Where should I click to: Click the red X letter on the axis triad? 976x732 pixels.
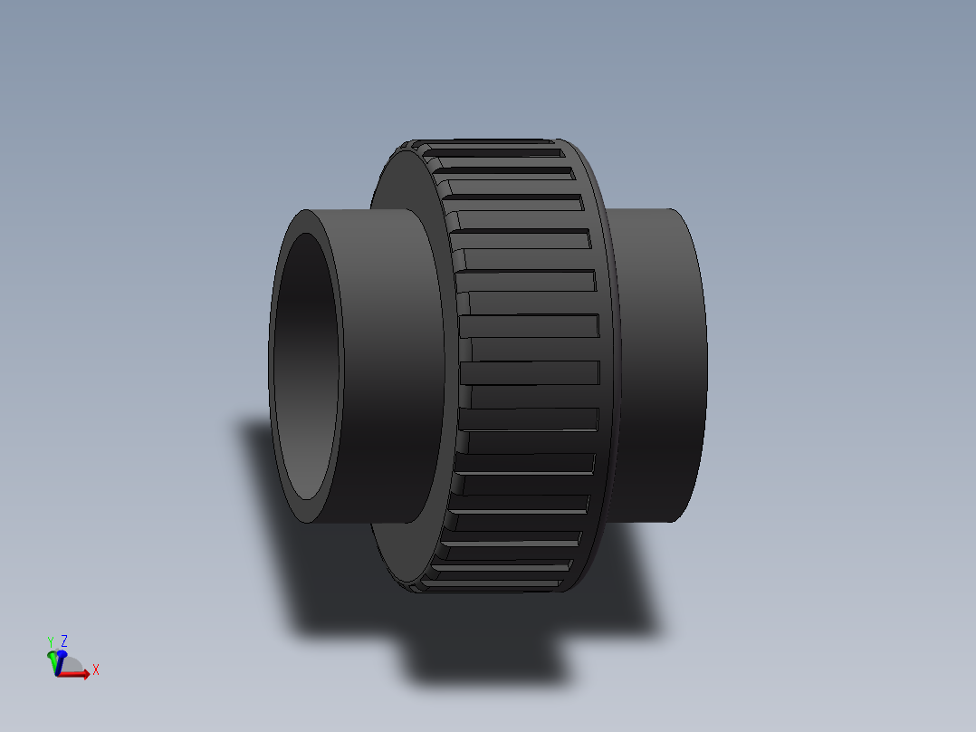tap(96, 669)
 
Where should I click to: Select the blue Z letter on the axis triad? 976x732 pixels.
tap(64, 640)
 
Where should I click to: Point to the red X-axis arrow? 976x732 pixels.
tap(80, 673)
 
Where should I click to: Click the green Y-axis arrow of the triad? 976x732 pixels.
tap(52, 655)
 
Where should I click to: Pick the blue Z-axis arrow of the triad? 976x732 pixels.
tap(61, 653)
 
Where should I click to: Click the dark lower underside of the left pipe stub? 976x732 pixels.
tap(380, 489)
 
